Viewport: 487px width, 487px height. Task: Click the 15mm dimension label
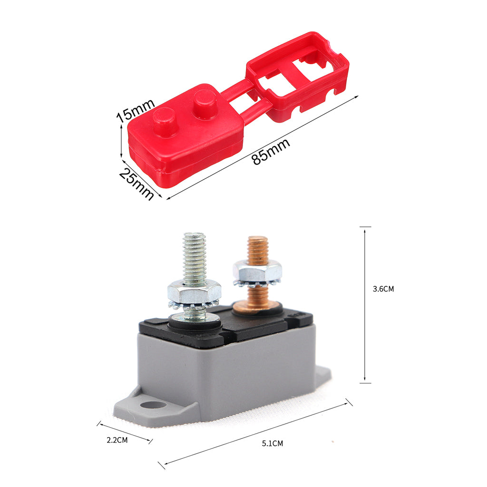(x=136, y=110)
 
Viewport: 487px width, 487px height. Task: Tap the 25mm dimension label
(x=136, y=184)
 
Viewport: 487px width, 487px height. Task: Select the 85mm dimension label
(x=271, y=151)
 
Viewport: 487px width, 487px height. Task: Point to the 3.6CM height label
(x=383, y=289)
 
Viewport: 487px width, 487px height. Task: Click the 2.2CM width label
(x=117, y=440)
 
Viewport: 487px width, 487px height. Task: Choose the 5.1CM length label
(x=273, y=444)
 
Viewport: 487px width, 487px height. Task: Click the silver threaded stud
(x=195, y=259)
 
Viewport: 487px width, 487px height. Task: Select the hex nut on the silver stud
(x=195, y=292)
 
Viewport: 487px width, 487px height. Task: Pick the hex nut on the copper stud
(x=257, y=272)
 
